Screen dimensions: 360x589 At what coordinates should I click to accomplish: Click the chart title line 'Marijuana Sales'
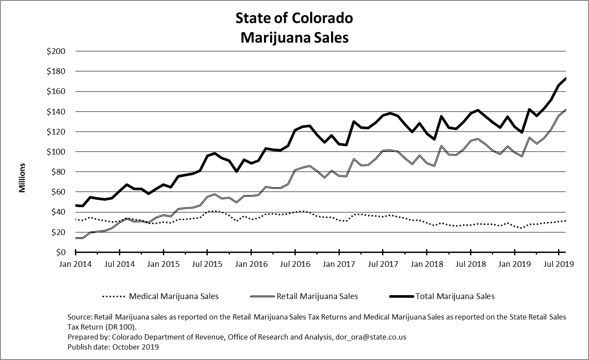point(294,37)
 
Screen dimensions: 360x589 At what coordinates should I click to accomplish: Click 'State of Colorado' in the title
point(294,18)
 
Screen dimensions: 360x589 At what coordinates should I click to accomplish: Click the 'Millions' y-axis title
point(22,178)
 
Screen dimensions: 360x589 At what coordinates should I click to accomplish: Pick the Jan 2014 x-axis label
point(76,264)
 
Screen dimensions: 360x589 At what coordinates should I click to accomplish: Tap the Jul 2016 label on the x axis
point(295,264)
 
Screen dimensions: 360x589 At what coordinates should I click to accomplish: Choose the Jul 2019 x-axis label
point(559,264)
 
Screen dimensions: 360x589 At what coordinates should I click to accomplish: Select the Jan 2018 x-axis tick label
point(427,264)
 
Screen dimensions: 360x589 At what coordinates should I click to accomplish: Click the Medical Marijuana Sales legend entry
point(174,296)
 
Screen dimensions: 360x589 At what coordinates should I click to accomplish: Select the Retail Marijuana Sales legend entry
point(317,296)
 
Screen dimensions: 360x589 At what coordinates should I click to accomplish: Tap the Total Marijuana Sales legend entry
point(455,296)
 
